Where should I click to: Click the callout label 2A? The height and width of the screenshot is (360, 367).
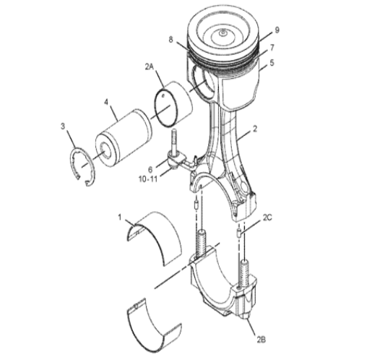point(150,67)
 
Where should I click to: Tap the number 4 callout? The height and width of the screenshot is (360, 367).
point(106,102)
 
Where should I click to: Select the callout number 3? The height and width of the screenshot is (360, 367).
point(63,126)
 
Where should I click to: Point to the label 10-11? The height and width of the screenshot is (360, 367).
point(148,179)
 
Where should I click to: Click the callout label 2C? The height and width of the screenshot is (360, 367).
point(267,218)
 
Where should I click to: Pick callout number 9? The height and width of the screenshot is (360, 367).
point(277,30)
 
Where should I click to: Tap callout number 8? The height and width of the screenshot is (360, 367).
point(170,40)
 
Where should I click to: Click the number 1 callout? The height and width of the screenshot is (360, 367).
point(120,218)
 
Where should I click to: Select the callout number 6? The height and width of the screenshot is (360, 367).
point(150,170)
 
